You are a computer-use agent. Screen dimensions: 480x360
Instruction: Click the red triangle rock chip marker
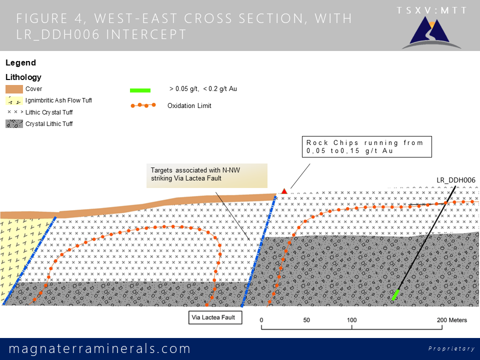(x=284, y=191)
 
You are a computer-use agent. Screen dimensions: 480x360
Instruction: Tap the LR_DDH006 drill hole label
(x=456, y=180)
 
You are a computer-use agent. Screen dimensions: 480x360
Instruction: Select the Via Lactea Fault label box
(x=215, y=317)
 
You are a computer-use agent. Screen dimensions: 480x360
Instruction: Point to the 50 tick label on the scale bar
(x=306, y=320)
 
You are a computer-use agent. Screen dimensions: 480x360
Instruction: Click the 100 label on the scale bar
(x=351, y=320)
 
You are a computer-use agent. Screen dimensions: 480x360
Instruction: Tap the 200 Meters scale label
(x=452, y=320)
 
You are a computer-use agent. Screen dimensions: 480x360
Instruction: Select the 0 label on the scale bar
(x=261, y=320)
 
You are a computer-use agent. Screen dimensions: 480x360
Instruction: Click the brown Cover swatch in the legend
(x=14, y=89)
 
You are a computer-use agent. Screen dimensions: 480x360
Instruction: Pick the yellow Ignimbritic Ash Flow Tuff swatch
(x=14, y=100)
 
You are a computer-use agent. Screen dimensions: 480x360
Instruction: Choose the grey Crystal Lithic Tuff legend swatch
(x=14, y=123)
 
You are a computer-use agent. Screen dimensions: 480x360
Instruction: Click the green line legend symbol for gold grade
(x=140, y=90)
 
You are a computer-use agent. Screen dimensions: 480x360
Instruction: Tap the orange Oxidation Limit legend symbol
(x=143, y=105)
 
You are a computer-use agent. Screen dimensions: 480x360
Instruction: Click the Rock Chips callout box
(x=366, y=147)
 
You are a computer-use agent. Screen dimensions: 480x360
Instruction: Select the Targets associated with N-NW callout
(x=207, y=175)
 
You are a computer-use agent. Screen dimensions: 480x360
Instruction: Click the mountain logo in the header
(x=431, y=33)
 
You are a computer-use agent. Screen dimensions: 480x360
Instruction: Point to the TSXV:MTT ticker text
(x=431, y=10)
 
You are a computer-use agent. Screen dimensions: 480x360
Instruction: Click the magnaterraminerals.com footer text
(x=100, y=348)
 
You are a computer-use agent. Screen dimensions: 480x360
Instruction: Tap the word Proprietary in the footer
(x=451, y=348)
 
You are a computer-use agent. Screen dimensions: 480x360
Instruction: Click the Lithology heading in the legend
(x=23, y=77)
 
